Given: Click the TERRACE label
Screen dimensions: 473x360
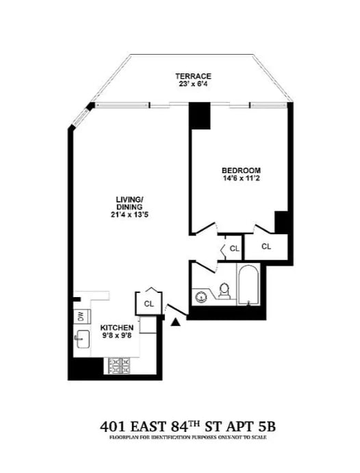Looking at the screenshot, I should [192, 76].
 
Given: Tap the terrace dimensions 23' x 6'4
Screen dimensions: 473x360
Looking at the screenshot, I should [192, 84].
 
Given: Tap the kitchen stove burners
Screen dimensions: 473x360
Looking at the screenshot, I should [122, 365].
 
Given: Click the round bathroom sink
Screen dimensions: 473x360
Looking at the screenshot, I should [201, 296].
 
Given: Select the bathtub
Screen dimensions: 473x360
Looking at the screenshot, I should [247, 286].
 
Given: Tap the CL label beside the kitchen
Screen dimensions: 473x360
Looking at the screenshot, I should [150, 303].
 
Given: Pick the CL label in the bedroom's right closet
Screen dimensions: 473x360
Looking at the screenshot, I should [266, 246].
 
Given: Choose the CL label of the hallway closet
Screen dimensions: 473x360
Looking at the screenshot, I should [234, 248].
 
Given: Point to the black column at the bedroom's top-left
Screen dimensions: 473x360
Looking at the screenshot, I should [200, 116].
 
